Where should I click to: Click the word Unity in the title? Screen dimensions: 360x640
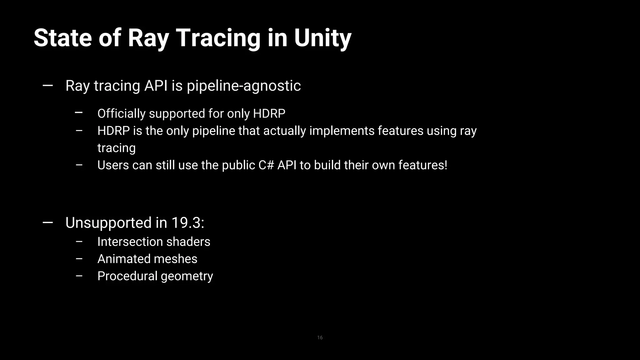(x=322, y=38)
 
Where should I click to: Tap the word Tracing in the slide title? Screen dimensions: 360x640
(x=218, y=38)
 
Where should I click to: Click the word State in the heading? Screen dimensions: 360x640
(x=62, y=38)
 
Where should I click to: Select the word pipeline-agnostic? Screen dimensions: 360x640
(x=244, y=86)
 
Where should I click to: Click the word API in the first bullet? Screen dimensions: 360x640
(x=156, y=86)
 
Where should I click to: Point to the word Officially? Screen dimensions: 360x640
(x=122, y=113)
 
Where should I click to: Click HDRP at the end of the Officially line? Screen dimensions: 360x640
(x=269, y=113)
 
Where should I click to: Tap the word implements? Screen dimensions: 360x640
(x=342, y=131)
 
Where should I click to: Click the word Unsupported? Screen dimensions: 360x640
(x=108, y=223)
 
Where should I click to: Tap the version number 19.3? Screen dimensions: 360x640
(x=187, y=223)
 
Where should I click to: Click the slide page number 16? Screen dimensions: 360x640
(x=320, y=337)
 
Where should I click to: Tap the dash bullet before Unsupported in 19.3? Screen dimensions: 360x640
(x=47, y=222)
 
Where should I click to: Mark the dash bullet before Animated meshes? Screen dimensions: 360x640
(x=79, y=259)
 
